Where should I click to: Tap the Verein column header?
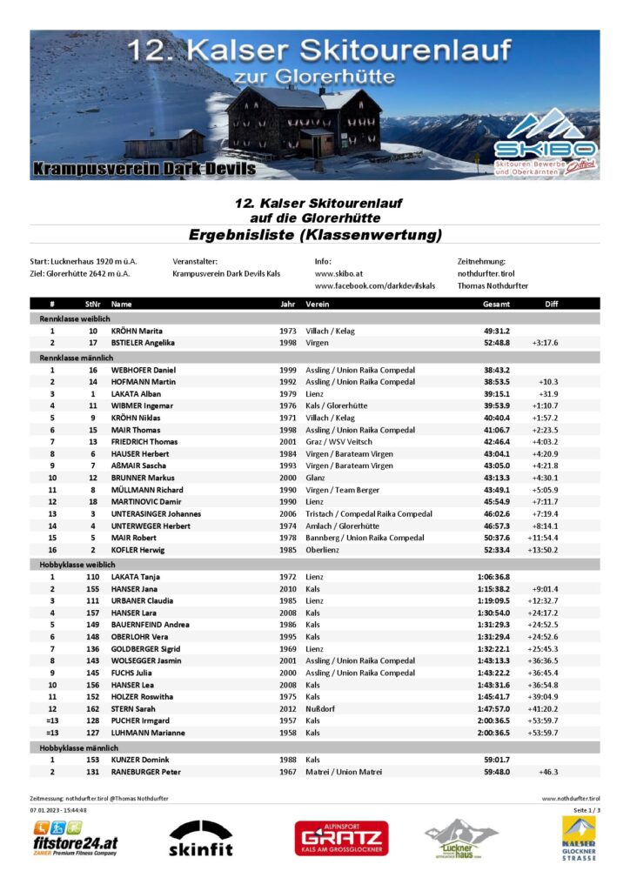[x=317, y=305]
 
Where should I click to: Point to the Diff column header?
[x=551, y=305]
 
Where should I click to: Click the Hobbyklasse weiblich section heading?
[x=77, y=564]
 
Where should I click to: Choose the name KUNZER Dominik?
[x=140, y=760]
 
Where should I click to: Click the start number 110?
[x=92, y=576]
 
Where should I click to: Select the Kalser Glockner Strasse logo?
[x=579, y=839]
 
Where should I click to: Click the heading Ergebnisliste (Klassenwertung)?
[x=315, y=235]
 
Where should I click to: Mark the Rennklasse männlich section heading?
[x=75, y=358]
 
